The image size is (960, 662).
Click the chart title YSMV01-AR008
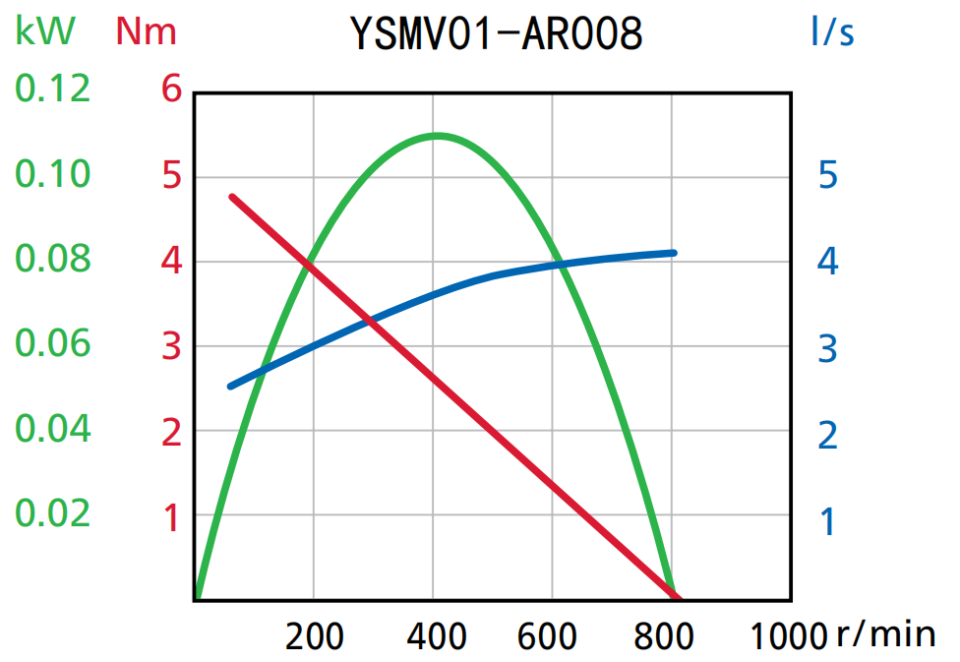click(496, 33)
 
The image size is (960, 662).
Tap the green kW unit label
click(44, 31)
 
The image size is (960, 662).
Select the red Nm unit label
click(146, 31)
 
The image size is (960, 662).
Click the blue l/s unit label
click(832, 32)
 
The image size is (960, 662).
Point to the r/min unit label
click(885, 634)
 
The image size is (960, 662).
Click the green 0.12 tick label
click(52, 90)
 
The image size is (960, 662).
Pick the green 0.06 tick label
click(52, 344)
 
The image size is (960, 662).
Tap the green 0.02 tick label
click(52, 513)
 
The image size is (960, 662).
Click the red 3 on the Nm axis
click(172, 347)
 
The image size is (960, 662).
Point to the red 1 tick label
click(172, 517)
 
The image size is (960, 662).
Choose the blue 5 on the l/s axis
click(827, 176)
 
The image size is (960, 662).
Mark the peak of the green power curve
click(437, 136)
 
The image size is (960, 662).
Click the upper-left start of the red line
click(233, 198)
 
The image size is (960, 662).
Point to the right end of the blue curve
click(674, 253)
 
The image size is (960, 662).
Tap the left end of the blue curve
click(231, 386)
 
